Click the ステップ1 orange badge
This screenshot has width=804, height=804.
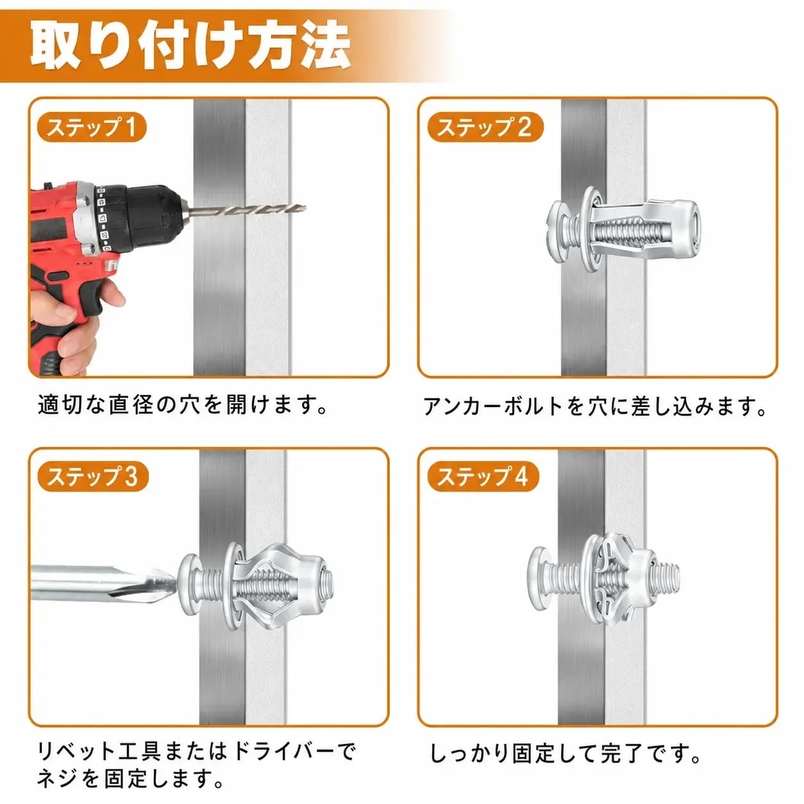coord(92,127)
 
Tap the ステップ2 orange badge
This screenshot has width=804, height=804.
coord(485,127)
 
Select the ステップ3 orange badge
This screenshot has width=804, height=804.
coord(92,476)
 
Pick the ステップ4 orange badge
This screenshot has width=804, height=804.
coord(483,476)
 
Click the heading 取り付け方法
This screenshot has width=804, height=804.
coord(190,47)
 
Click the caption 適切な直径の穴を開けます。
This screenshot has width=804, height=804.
coord(183,405)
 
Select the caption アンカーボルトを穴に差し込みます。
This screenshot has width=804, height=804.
coord(595,406)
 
